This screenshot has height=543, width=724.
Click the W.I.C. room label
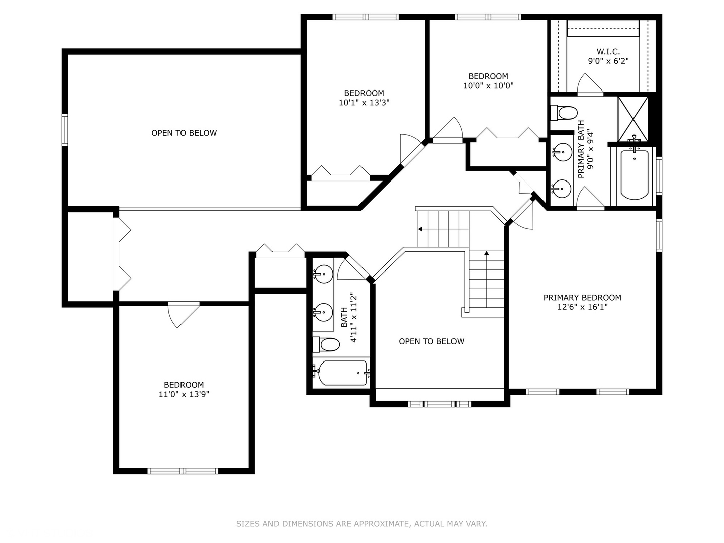click(x=608, y=52)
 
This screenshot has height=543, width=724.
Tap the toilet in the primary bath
click(x=564, y=113)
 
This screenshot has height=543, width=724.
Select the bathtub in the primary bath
click(x=634, y=175)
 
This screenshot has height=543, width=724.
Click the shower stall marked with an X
click(x=633, y=119)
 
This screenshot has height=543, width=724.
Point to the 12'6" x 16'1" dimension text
click(x=582, y=307)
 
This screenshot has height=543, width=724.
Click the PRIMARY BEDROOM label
click(x=582, y=298)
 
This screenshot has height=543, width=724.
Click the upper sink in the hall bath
click(x=323, y=275)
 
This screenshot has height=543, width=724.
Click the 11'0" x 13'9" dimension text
click(x=184, y=395)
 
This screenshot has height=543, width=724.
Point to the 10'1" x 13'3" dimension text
click(x=364, y=103)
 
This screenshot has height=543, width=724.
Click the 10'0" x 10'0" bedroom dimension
click(x=488, y=86)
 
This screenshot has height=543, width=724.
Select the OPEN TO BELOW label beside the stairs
click(x=431, y=342)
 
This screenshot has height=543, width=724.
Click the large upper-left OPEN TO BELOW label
click(x=184, y=133)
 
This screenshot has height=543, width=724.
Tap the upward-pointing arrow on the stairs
click(x=486, y=254)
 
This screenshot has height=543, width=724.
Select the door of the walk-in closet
click(x=589, y=84)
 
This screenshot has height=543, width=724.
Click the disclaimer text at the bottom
click(x=361, y=524)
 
